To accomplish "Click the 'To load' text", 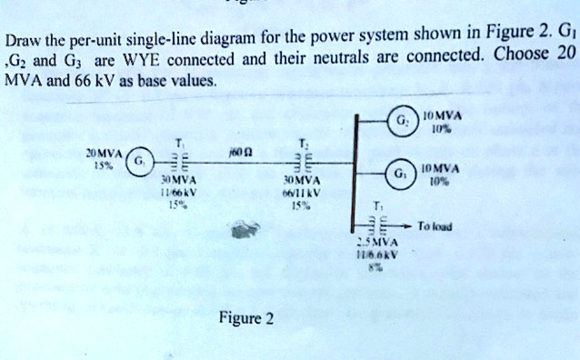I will point(442,225).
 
